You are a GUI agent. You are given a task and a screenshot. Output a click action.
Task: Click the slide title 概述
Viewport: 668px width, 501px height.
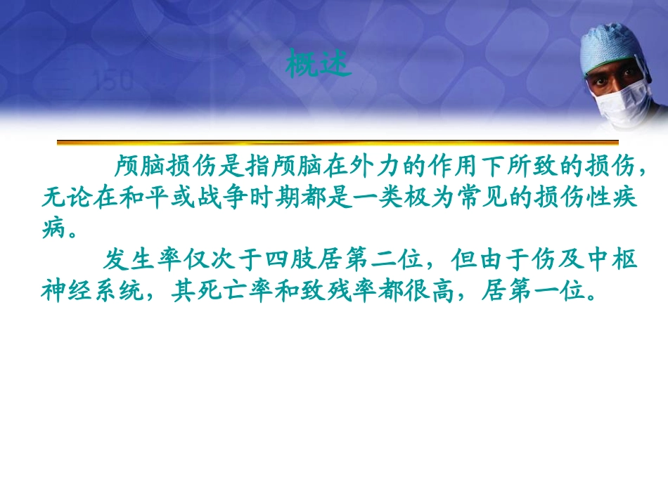(x=319, y=63)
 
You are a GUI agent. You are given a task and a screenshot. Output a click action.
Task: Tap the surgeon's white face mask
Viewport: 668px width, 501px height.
(x=623, y=100)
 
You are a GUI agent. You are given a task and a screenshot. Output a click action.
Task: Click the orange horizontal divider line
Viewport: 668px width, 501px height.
(x=338, y=143)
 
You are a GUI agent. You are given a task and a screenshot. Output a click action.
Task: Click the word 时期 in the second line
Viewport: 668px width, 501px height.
(x=276, y=197)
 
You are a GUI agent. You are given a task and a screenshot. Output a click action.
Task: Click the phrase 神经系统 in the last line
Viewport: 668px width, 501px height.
(x=94, y=292)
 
